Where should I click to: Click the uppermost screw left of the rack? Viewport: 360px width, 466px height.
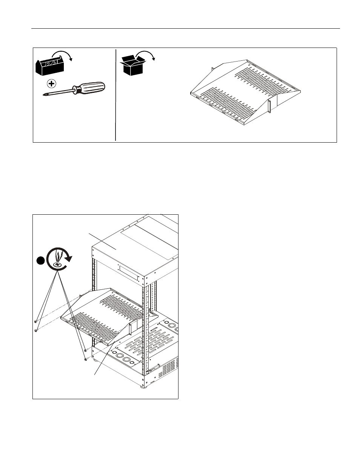(35, 322)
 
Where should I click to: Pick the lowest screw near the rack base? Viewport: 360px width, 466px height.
(86, 359)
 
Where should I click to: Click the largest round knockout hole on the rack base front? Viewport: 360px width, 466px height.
(120, 357)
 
